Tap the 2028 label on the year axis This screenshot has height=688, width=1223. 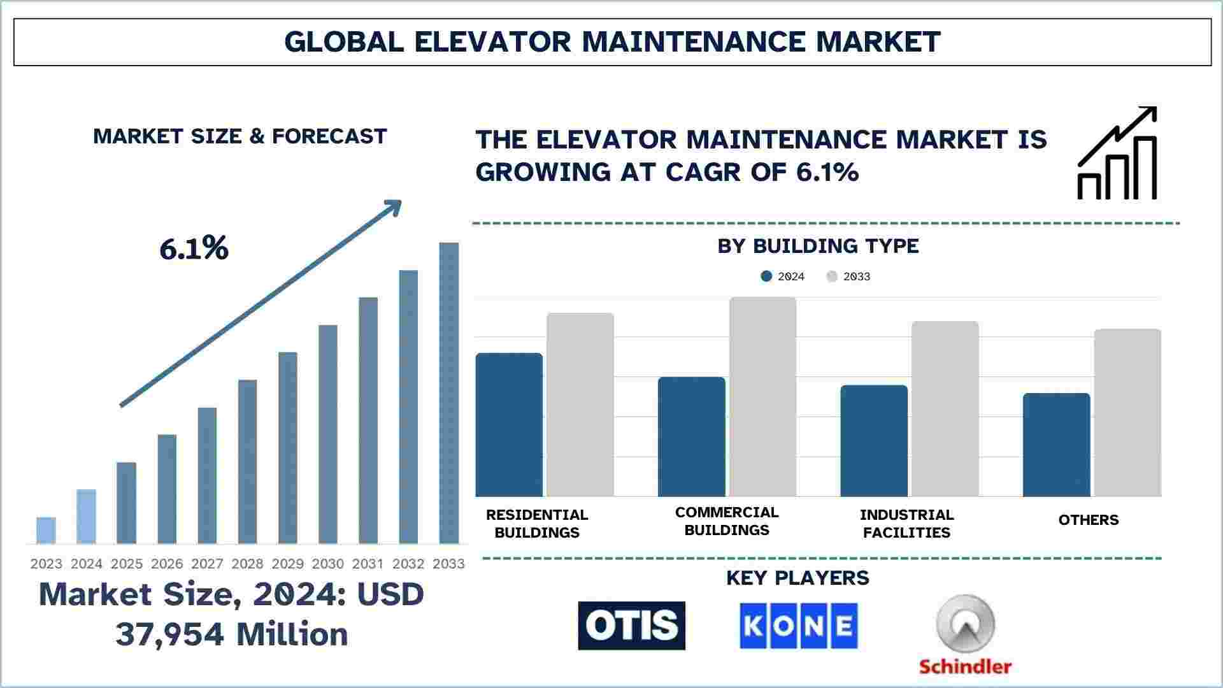coord(247,564)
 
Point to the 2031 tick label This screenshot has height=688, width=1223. coord(368,564)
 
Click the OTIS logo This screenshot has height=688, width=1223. coord(631,626)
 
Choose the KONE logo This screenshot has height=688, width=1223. coord(798,626)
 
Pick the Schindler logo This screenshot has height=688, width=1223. coord(965,634)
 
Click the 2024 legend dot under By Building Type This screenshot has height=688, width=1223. coord(766,276)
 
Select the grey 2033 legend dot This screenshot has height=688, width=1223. coord(832,276)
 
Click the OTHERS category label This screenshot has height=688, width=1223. coord(1088,520)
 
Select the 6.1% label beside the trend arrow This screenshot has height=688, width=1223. coord(194,248)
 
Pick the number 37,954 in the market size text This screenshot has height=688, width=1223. coord(170,634)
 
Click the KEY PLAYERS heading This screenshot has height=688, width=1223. coord(797,578)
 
